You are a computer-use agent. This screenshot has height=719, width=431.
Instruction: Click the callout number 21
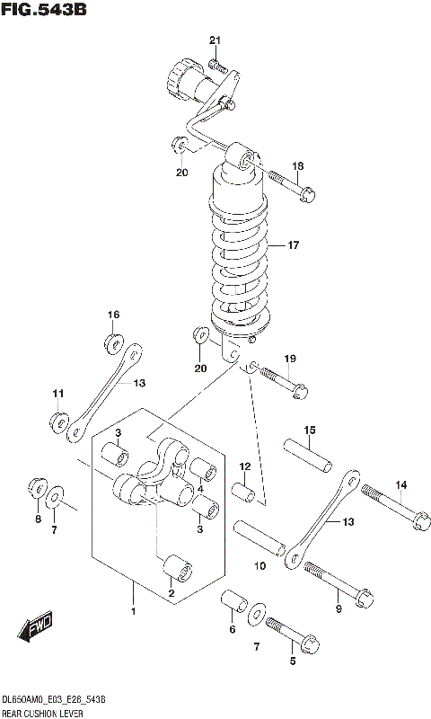215,40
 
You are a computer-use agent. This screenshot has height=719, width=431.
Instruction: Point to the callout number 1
133,612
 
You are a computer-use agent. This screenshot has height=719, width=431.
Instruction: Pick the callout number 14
401,485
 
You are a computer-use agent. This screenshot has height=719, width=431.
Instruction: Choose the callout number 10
259,566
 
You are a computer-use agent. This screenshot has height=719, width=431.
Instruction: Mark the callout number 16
114,315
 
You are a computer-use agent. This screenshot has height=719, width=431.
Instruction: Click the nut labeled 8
39,487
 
